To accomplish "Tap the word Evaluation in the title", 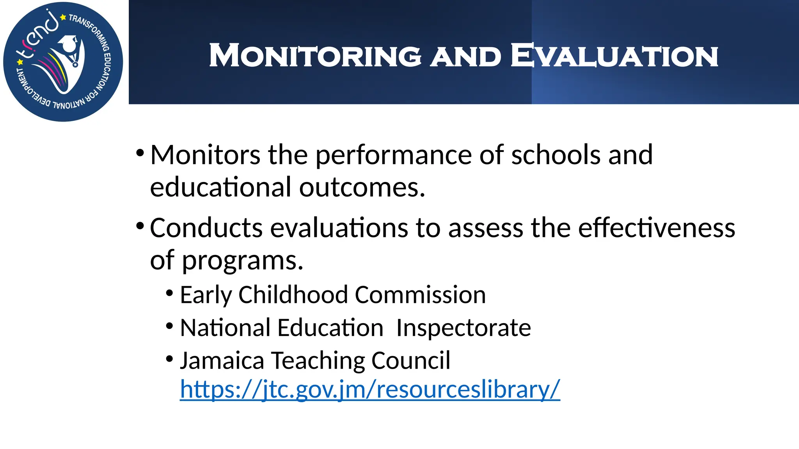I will click(x=614, y=56).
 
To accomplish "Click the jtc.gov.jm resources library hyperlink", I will click(x=369, y=389).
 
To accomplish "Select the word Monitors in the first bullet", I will click(x=205, y=155).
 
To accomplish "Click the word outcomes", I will click(x=362, y=187).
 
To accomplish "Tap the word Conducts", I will click(x=206, y=228).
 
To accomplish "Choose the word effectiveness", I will click(x=656, y=228).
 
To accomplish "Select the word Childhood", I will click(x=293, y=295).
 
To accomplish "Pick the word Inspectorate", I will click(x=463, y=328).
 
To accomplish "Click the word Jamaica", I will click(x=222, y=361).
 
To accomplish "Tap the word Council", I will click(x=411, y=361).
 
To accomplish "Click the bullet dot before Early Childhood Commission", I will click(x=169, y=293).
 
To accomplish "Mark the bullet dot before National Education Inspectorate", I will click(x=169, y=326).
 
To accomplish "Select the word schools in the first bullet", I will click(x=556, y=155).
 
